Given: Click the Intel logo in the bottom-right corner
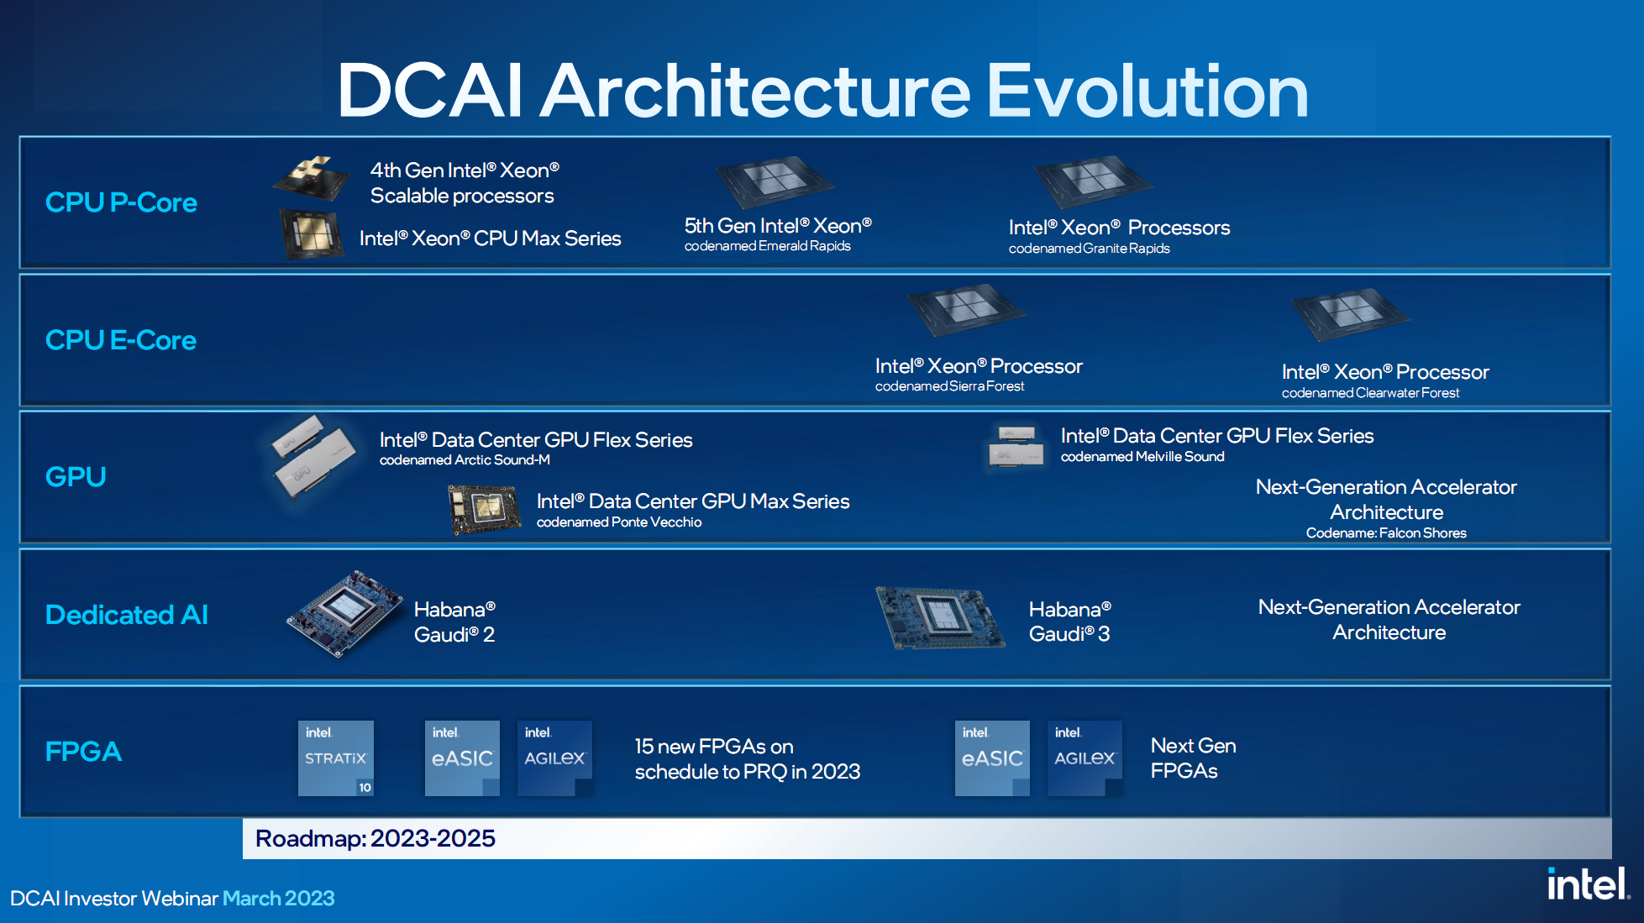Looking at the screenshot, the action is point(1588,884).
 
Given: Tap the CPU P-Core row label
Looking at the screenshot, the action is point(121,202).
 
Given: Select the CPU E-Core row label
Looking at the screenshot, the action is point(121,340).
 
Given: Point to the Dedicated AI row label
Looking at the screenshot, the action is point(127,615).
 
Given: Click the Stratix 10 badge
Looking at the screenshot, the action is point(336,758).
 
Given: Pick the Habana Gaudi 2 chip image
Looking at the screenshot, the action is point(344,614).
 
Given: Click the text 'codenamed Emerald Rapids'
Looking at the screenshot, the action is point(768,246).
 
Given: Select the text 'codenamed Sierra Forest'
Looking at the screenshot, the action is point(949,386).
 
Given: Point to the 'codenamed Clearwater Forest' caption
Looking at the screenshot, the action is point(1370,393).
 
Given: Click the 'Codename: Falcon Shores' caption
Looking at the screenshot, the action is point(1386,533).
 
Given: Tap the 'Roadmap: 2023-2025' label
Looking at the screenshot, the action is point(376,838).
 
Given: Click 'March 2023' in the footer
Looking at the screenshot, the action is point(279,899).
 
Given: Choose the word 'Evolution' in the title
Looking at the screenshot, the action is point(1148,91).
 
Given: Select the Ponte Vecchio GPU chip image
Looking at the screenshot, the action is point(484,510).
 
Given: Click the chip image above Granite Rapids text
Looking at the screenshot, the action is point(1093,181).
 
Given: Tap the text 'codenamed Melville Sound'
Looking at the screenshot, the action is point(1142,457).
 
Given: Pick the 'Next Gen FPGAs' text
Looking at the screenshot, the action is point(1193,758).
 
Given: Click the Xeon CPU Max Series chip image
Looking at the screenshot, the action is point(312,234).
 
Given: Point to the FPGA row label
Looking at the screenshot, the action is point(83,751).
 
